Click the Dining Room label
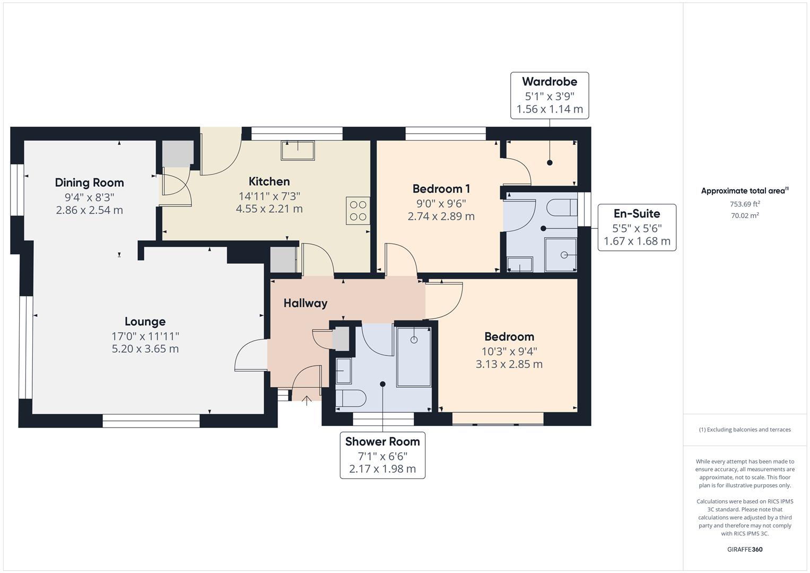(89, 183)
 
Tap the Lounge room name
(145, 322)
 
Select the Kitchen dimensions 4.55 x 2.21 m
(269, 209)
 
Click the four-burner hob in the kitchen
(358, 211)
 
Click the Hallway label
(305, 303)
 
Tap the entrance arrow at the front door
(307, 400)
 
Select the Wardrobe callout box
(550, 95)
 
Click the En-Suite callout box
(637, 227)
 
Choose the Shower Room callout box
(382, 455)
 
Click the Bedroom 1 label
(441, 189)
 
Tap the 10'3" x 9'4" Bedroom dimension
(509, 351)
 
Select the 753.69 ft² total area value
(744, 204)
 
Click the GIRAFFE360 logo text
(744, 549)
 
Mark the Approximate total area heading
(744, 191)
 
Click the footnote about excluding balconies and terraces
(744, 430)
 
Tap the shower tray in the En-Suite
(561, 255)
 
